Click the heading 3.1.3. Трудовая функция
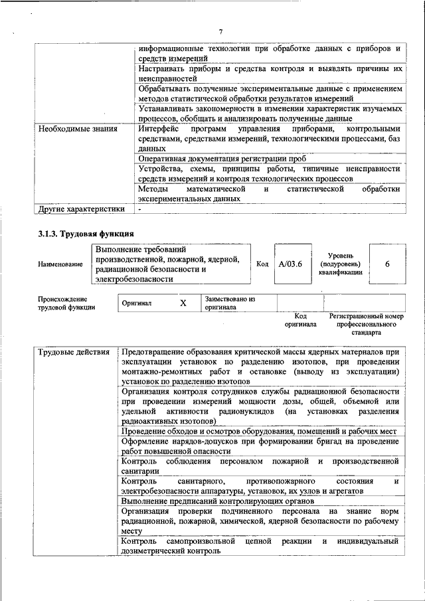(x=86, y=233)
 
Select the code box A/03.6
(x=290, y=264)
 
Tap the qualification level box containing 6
(x=386, y=264)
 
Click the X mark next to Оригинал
(x=183, y=303)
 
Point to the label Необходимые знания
(x=78, y=128)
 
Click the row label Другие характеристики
(x=81, y=209)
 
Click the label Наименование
(x=60, y=264)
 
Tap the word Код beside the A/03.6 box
(x=262, y=264)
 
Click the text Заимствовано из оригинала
(x=230, y=303)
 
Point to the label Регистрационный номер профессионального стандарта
(x=366, y=324)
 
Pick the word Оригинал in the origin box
(x=137, y=303)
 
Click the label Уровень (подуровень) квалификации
(x=345, y=264)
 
